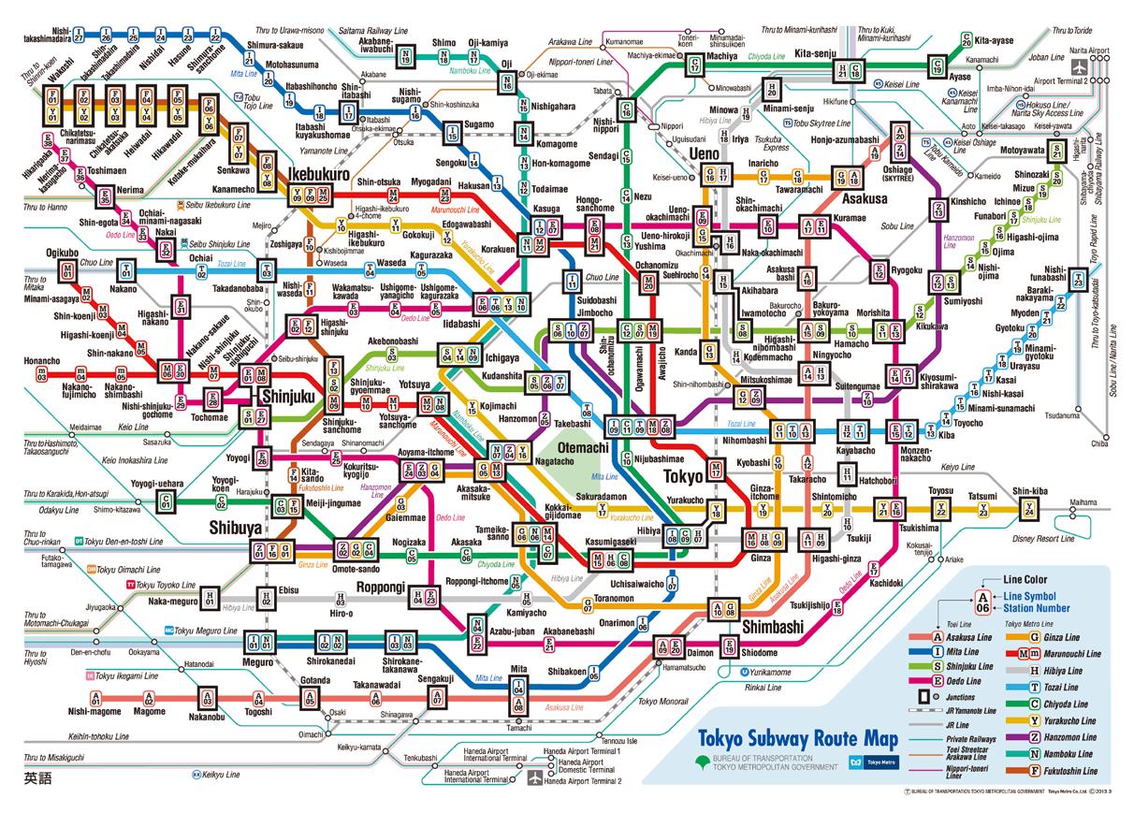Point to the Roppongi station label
click(x=380, y=587)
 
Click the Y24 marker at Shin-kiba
click(x=1029, y=510)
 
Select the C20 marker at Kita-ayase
click(x=967, y=40)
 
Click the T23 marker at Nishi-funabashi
click(x=1079, y=280)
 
